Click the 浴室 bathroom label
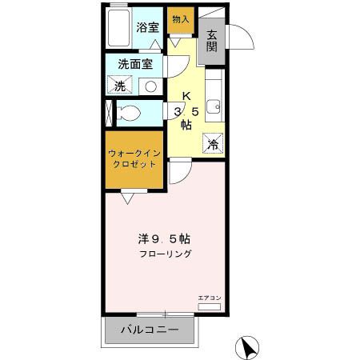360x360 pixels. coord(147,27)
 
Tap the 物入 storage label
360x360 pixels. coord(181,18)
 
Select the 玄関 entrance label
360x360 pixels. coord(212,41)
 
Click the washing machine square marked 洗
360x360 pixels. coord(118,85)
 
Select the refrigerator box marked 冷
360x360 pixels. coord(213,143)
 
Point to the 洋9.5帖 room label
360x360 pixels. coord(162,238)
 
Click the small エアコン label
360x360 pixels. coord(209,298)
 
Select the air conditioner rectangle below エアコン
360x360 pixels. coord(209,307)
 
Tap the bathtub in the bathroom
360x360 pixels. coord(118,29)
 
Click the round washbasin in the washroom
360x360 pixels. coord(150,85)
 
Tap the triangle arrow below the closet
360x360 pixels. coord(126,194)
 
